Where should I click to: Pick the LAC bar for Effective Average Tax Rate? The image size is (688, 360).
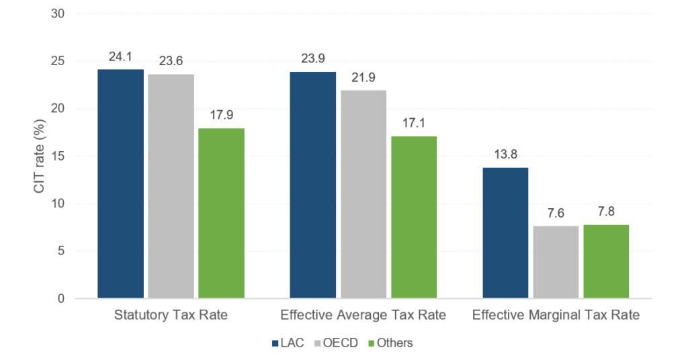[x=313, y=185]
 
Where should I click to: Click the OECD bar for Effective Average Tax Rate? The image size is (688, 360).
[x=363, y=194]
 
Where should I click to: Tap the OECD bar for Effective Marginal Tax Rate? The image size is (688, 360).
[x=556, y=262]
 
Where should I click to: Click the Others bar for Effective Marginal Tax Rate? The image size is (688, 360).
[x=606, y=261]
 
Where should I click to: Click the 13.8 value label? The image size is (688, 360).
[x=506, y=156]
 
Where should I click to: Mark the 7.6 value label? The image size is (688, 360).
[x=556, y=214]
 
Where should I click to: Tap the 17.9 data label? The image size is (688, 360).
[x=222, y=116]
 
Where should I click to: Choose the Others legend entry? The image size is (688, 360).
[x=390, y=343]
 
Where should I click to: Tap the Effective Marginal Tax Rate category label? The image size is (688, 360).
[x=556, y=314]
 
